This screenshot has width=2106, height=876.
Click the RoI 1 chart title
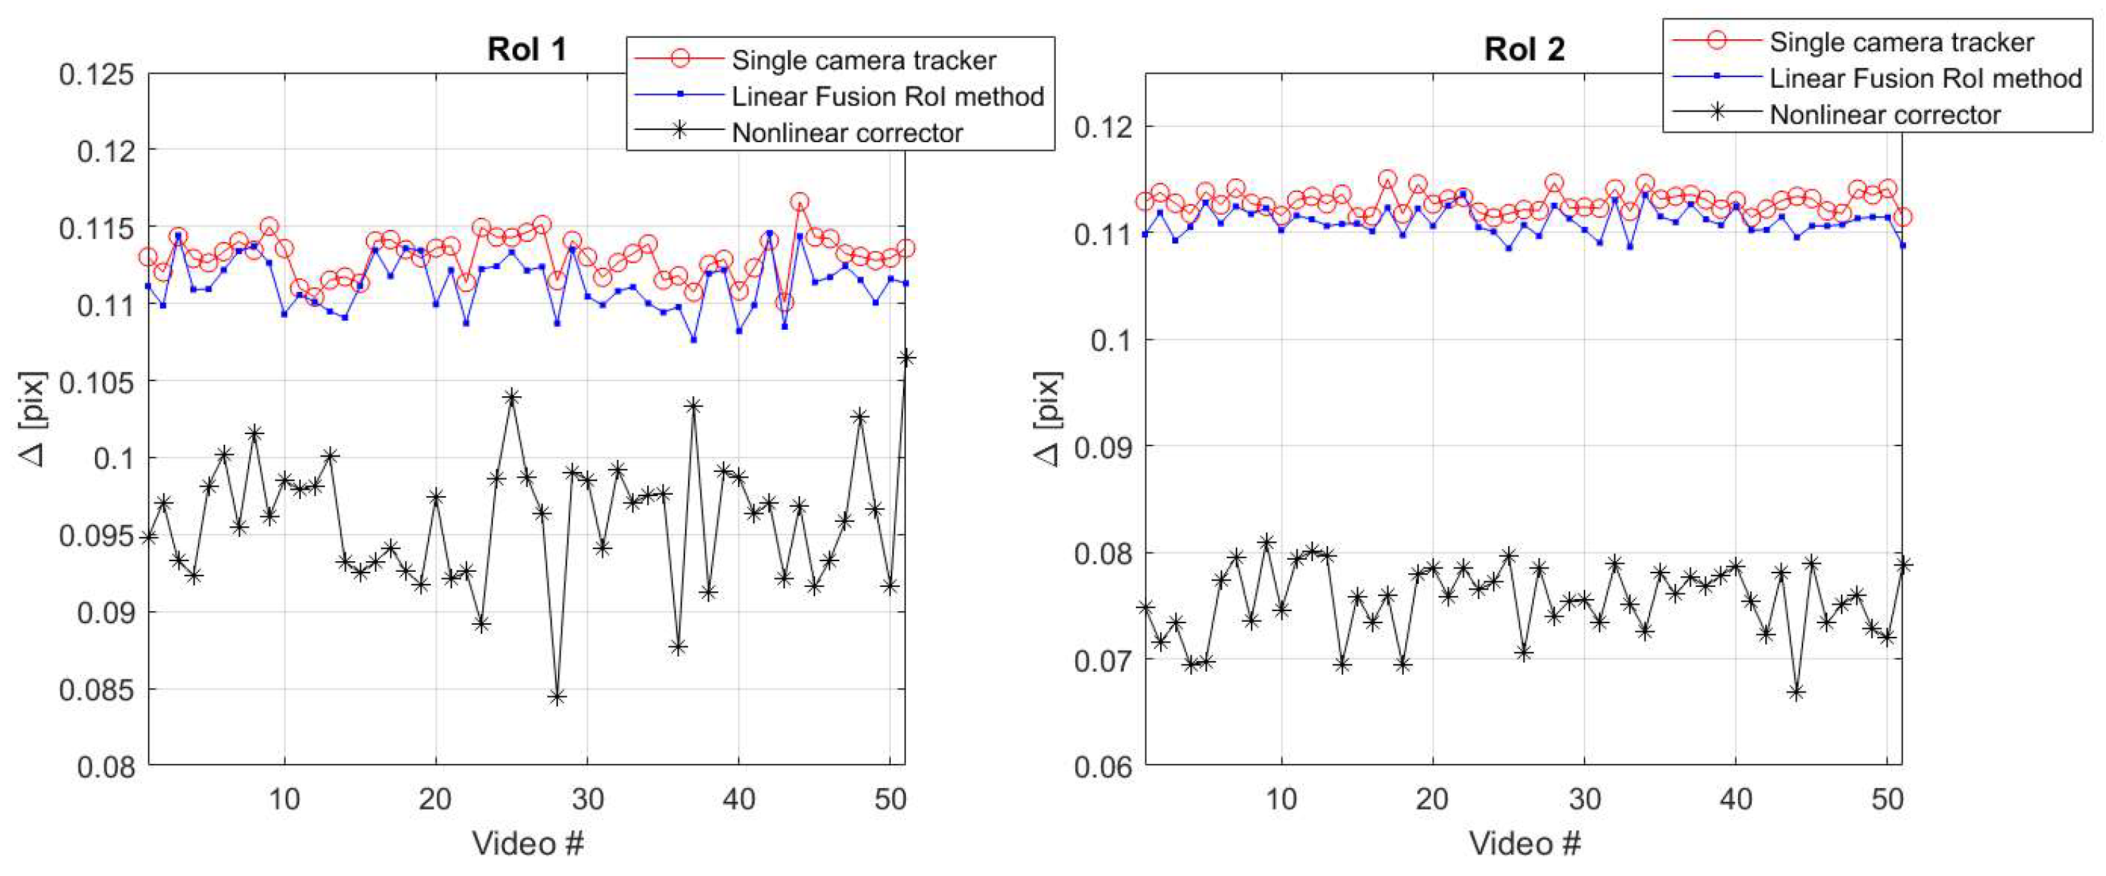[526, 49]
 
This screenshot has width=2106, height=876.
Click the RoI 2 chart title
[1524, 49]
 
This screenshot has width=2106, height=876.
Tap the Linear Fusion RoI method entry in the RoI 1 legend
[887, 96]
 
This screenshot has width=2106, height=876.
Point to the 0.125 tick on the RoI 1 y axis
[96, 74]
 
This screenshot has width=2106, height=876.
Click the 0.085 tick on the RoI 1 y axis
[96, 690]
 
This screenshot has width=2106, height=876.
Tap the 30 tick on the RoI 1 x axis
[587, 798]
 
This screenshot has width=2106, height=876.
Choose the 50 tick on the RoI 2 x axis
[1887, 798]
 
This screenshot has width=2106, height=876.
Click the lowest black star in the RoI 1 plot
[557, 697]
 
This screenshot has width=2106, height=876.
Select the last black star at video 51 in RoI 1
[905, 358]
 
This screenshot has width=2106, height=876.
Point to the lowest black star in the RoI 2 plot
[1796, 692]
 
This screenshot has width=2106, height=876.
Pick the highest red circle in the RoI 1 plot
[799, 201]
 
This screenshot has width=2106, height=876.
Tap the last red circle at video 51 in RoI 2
[1902, 217]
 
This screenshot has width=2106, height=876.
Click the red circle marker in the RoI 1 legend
[679, 59]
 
